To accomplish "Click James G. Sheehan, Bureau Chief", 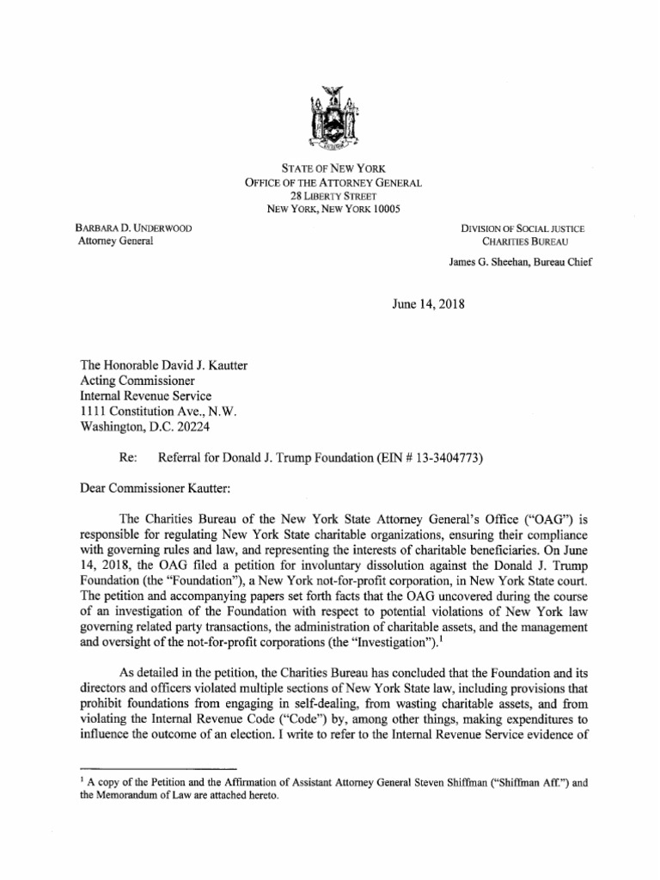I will tap(521, 263).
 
